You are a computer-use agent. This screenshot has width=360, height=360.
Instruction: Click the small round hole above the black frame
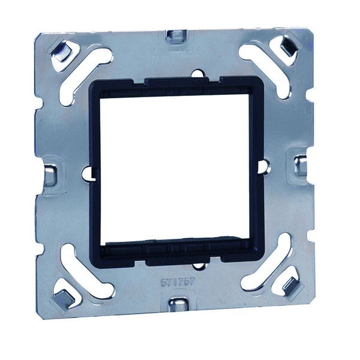tap(196, 74)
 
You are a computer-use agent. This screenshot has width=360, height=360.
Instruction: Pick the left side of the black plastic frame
tap(95, 174)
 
